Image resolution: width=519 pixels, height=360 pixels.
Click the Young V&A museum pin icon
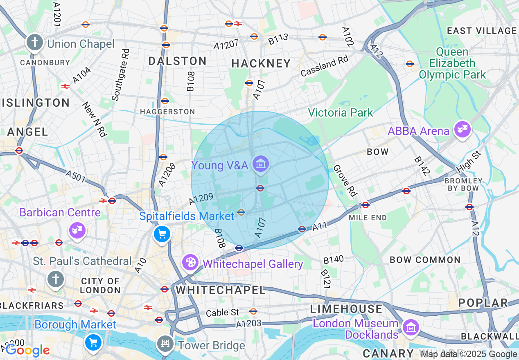point(260,164)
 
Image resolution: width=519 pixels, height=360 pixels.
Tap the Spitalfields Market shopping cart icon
point(162,234)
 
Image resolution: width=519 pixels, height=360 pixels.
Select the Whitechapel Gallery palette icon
point(190,263)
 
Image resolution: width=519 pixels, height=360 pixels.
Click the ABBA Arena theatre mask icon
point(462,130)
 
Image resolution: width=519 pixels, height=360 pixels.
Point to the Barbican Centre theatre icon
point(77,230)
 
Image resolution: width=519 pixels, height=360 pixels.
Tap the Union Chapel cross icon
point(35,43)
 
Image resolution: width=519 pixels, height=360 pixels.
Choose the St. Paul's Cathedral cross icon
point(55,279)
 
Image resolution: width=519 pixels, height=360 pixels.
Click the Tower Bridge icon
point(165,343)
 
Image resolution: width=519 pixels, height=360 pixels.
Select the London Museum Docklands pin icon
point(410,327)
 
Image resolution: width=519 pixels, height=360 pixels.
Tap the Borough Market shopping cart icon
point(93,342)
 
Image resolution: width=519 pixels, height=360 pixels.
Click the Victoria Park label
point(341,112)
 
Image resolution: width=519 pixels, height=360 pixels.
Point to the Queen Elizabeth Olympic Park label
point(452,63)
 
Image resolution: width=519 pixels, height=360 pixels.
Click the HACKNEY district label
point(261,64)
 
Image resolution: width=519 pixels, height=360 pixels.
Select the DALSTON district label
point(177,61)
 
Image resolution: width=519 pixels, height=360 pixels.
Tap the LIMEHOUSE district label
point(346,308)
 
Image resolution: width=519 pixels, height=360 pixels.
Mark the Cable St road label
point(222,313)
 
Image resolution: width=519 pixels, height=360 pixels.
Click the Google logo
point(27,350)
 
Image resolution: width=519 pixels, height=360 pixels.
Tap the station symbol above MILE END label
point(366,205)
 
